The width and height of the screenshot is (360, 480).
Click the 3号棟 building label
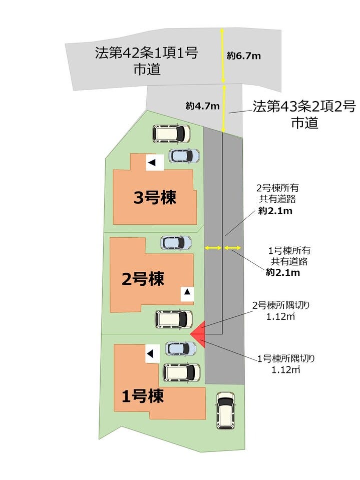[x=155, y=197]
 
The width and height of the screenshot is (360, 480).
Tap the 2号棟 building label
[x=143, y=279]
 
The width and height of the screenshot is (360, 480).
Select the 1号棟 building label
[x=143, y=396]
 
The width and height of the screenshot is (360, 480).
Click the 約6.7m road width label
[x=244, y=56]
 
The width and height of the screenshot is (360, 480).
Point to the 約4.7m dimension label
[x=203, y=106]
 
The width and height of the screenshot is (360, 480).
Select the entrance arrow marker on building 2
[x=187, y=292]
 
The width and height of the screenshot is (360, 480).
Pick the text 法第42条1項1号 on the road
[x=146, y=53]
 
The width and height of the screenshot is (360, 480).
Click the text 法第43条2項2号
[x=304, y=106]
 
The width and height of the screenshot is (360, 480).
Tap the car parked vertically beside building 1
[x=226, y=410]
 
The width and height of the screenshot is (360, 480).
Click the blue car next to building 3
[x=184, y=156]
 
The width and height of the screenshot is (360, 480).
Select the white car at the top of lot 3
[x=171, y=134]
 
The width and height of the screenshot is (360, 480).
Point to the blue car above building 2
[x=176, y=243]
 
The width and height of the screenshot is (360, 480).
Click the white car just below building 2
[x=174, y=319]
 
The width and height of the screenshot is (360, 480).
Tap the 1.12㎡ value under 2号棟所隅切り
[x=280, y=316]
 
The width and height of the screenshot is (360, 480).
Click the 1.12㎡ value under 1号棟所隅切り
[x=285, y=369]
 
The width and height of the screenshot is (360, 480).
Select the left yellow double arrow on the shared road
[x=213, y=248]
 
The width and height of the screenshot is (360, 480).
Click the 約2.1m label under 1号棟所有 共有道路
[x=283, y=272]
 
